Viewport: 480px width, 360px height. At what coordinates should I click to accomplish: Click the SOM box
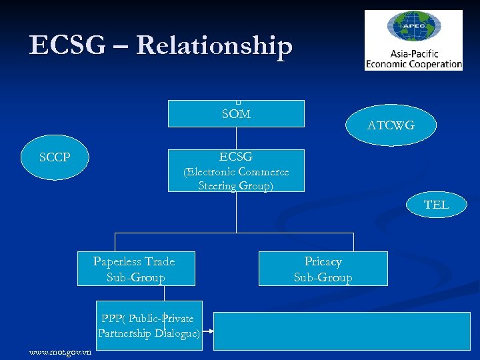(x=236, y=114)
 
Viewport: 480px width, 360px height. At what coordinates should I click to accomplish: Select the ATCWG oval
(x=391, y=125)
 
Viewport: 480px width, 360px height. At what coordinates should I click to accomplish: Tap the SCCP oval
(x=55, y=158)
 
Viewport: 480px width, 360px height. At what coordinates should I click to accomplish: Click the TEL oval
(x=436, y=205)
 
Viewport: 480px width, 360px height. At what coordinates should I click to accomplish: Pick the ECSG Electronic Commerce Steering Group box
(x=236, y=171)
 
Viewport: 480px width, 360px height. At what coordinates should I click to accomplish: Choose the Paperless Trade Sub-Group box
(x=135, y=269)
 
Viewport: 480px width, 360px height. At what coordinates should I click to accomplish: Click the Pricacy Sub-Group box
(x=323, y=269)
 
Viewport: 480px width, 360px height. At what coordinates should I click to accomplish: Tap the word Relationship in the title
(x=214, y=45)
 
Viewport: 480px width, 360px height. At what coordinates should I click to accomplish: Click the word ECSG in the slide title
(x=67, y=45)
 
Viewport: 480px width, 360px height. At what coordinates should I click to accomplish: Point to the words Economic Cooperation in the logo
(x=413, y=64)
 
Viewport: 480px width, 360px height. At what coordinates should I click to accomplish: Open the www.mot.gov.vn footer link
(x=61, y=352)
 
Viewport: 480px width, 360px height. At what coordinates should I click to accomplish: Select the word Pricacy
(x=323, y=261)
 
